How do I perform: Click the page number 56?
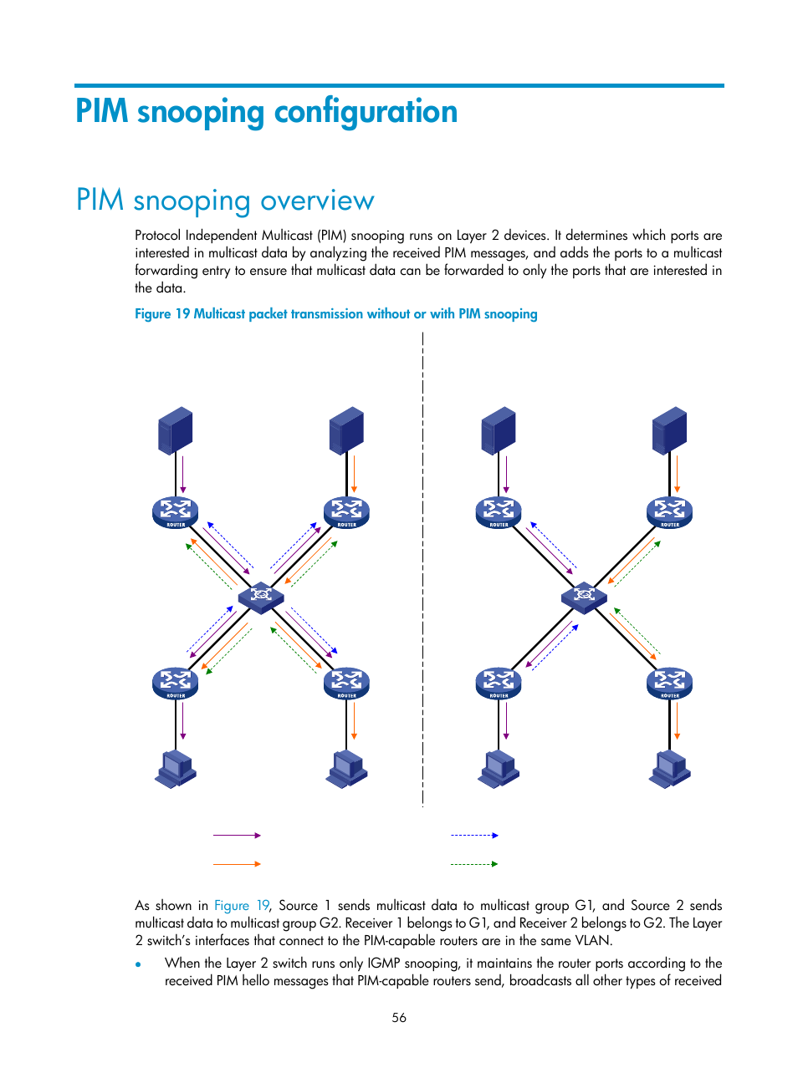click(399, 1017)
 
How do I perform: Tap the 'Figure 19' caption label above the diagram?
click(162, 314)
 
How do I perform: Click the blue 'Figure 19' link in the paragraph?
click(242, 906)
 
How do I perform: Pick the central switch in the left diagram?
click(261, 597)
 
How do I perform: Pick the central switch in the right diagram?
click(584, 597)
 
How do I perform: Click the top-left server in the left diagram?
click(176, 430)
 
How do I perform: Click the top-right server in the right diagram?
click(669, 430)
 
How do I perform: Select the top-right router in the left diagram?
click(346, 512)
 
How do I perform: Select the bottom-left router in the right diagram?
click(499, 683)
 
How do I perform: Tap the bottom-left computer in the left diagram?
click(176, 769)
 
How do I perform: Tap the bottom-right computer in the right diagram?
click(669, 769)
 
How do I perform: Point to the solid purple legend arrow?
click(237, 835)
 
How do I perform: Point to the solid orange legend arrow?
click(237, 864)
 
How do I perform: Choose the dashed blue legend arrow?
click(474, 835)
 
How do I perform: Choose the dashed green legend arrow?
click(474, 864)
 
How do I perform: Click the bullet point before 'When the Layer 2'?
click(139, 964)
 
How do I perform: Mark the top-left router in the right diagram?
click(499, 512)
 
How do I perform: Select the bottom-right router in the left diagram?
click(346, 683)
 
